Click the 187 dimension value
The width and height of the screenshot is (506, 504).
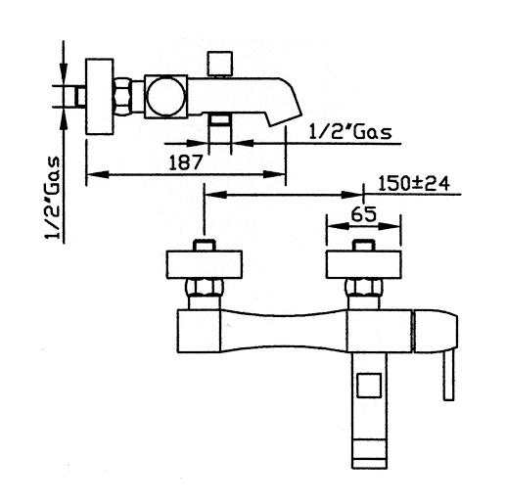[186, 162]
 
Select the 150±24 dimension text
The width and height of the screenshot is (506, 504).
[414, 184]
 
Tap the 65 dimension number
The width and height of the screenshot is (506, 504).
[364, 214]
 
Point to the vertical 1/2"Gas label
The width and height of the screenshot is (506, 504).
[53, 198]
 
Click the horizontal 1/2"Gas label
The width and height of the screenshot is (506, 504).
[350, 132]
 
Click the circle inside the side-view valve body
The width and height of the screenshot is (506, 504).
[166, 97]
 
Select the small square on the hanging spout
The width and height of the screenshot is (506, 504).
[369, 386]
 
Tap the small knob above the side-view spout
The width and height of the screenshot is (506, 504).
[221, 64]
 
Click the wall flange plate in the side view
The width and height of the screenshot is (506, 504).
[100, 97]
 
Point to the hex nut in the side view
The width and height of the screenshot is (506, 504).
[121, 97]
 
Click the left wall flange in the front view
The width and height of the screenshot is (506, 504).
[205, 264]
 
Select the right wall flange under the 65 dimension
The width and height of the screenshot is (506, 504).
[363, 264]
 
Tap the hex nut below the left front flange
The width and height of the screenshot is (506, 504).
[205, 288]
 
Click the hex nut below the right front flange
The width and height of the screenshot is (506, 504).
[363, 288]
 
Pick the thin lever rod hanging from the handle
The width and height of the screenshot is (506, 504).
[448, 376]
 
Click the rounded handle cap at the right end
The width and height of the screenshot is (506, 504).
[436, 331]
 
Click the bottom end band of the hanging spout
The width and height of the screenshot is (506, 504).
[369, 464]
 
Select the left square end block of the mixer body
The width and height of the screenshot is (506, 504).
[199, 331]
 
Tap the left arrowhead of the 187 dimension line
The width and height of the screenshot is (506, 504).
[97, 174]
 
